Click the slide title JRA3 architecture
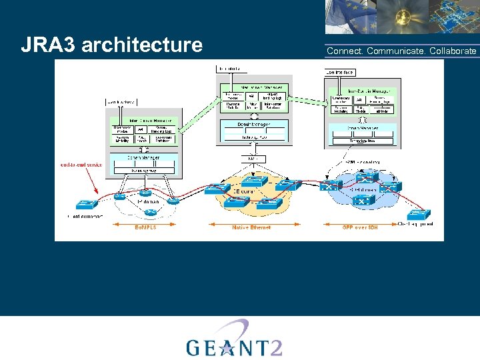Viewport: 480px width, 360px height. coord(111,45)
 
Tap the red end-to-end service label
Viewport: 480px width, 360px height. coord(81,164)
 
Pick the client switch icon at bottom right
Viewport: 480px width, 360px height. coord(419,214)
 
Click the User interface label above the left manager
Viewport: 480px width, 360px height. coord(121,102)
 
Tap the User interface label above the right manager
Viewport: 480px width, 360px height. coord(340,72)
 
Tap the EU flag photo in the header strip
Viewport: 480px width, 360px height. coord(350,17)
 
